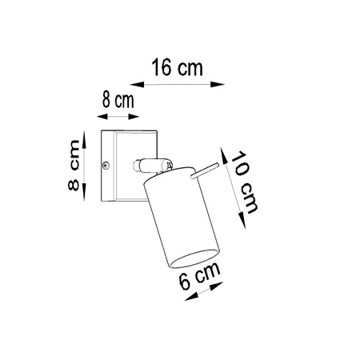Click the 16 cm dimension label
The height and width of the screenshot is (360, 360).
(177, 68)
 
